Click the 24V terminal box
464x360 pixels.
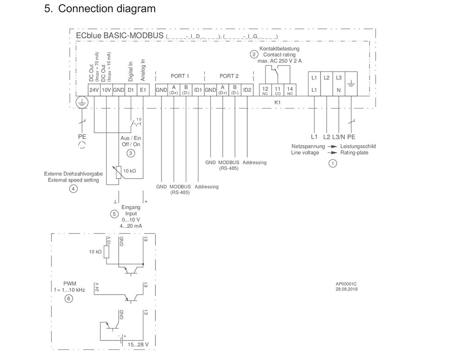(94, 90)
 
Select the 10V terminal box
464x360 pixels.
(106, 90)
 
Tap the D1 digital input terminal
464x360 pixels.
(131, 90)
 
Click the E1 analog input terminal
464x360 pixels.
(143, 90)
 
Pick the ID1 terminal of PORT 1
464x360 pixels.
(198, 90)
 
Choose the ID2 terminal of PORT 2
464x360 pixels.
(247, 90)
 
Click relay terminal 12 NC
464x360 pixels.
(265, 90)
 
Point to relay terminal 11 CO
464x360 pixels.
(278, 90)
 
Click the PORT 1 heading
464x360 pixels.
(180, 76)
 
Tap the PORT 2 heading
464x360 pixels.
(229, 76)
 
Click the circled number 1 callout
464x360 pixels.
(332, 163)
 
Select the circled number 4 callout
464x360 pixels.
(73, 189)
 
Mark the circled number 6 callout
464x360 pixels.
(69, 299)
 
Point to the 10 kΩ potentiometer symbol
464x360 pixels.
(119, 172)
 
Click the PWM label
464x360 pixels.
(70, 283)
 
